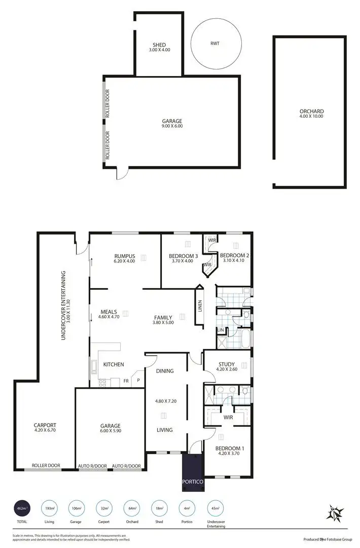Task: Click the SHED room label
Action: [x=159, y=45]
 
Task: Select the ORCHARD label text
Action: [x=311, y=111]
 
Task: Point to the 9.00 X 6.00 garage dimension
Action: [x=172, y=126]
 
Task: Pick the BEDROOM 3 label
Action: [x=183, y=256]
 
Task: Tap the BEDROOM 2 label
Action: [x=233, y=255]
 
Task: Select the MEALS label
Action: [x=109, y=312]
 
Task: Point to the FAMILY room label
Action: [x=163, y=318]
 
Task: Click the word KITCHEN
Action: [x=114, y=364]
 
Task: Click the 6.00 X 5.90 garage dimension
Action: [x=110, y=432]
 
